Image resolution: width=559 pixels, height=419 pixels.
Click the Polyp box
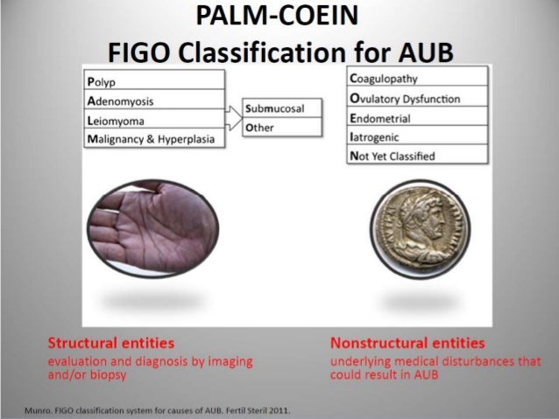point(153,80)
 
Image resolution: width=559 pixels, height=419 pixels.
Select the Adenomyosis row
point(153,101)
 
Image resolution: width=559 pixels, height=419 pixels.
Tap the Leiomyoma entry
point(153,121)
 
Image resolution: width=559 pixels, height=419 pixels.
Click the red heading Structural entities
point(110,342)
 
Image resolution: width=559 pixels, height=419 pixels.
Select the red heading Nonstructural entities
point(407,342)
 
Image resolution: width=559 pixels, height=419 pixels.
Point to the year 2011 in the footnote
point(278,409)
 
